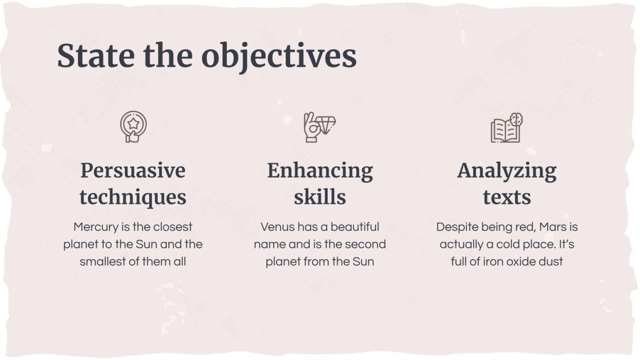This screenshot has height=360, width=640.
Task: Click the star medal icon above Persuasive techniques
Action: [133, 127]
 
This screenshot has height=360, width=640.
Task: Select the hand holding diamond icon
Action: [320, 127]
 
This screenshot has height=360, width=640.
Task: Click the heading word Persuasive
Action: [133, 171]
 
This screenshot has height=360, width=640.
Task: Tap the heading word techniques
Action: [133, 197]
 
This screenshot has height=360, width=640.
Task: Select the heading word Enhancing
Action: [320, 171]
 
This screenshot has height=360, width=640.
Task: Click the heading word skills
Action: [320, 197]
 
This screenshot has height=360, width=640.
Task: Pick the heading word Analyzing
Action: [507, 171]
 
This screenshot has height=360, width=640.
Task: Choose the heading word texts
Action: [507, 197]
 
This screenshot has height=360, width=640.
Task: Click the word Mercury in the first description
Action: [96, 227]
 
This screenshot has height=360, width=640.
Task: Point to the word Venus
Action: [277, 227]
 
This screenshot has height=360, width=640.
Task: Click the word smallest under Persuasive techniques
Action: [101, 262]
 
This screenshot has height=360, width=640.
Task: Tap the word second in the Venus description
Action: [365, 244]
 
